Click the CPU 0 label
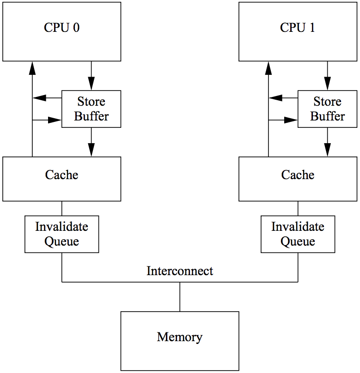[x=61, y=28]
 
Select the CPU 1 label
[x=298, y=28]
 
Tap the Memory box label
[x=180, y=337]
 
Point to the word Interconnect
[x=180, y=271]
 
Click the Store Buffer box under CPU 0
[x=91, y=109]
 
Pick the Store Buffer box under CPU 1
[x=327, y=109]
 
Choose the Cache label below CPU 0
[x=61, y=175]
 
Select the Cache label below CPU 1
[x=298, y=175]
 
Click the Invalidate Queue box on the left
[x=61, y=234]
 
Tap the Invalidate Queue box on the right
[x=298, y=234]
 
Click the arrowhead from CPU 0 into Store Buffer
[x=91, y=84]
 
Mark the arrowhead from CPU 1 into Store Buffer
[x=327, y=84]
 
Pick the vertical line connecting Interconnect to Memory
[x=180, y=296]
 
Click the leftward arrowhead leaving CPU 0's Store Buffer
[x=39, y=97]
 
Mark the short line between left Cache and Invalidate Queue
[x=61, y=208]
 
